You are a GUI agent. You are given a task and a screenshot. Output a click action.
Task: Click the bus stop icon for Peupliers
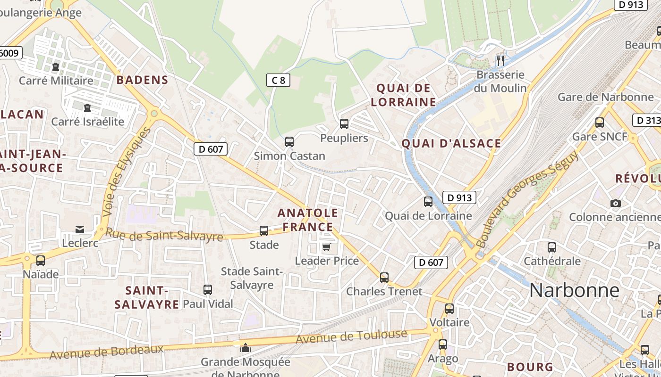tap(344, 124)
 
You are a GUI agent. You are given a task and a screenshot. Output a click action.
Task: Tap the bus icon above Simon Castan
tap(289, 141)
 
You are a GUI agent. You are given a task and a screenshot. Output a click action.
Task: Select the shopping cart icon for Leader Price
tap(326, 247)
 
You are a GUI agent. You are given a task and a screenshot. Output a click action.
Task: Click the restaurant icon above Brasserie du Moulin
tap(500, 60)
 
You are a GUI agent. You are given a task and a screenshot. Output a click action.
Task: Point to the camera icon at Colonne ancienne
tap(615, 203)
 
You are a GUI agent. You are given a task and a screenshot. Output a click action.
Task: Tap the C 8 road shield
tap(278, 80)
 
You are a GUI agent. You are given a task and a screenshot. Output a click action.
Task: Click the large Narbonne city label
tap(574, 290)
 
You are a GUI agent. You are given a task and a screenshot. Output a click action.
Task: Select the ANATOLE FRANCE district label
tap(308, 220)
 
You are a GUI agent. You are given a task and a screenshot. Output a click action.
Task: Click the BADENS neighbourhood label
tap(142, 80)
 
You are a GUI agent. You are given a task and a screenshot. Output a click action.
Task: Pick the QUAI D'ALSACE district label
tap(451, 144)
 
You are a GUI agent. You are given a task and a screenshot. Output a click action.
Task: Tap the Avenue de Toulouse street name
tap(351, 336)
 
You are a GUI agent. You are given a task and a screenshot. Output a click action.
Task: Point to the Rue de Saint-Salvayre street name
tap(164, 234)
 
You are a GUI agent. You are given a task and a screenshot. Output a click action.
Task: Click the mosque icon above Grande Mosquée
tap(246, 348)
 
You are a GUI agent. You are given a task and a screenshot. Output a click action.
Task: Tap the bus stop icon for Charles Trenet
tap(384, 278)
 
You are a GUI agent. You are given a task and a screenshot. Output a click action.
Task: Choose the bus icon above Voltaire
tap(449, 309)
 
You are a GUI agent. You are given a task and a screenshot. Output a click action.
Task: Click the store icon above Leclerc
tap(80, 229)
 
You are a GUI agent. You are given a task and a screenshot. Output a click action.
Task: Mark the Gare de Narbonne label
tap(605, 97)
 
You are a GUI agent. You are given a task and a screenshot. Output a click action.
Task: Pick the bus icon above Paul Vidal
tap(208, 290)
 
